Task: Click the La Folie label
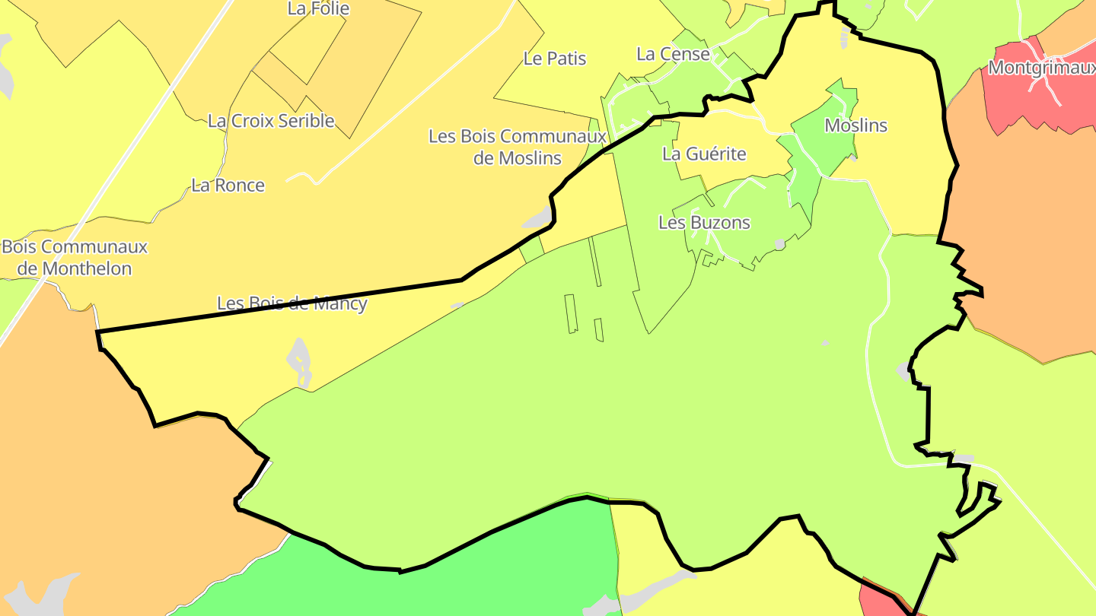point(318,9)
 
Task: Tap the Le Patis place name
point(555,59)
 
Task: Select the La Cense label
point(673,54)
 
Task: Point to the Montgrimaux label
point(1041,68)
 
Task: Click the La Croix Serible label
point(271,121)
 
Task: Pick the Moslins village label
point(856,125)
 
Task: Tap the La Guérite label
point(704,154)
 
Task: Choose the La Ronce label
point(228,186)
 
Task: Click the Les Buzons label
point(704,223)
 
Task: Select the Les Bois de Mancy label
point(292,304)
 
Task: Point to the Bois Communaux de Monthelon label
point(75,258)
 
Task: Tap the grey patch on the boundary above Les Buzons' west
point(537,218)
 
